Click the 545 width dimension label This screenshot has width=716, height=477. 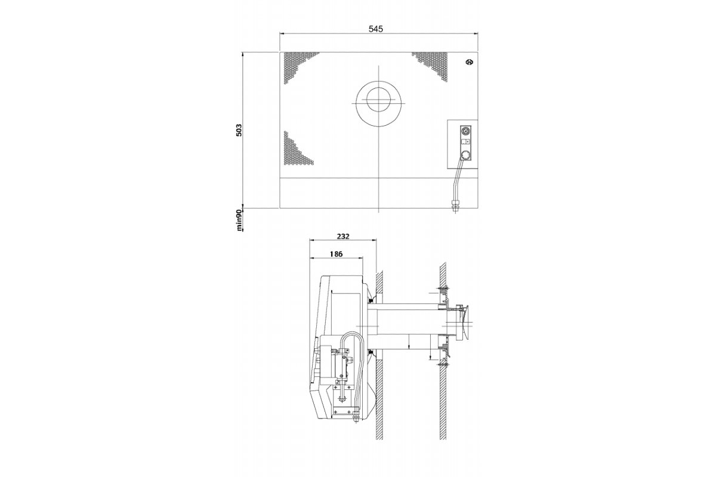(x=375, y=29)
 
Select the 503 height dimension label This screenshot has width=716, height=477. (x=239, y=130)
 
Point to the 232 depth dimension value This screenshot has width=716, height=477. (x=343, y=237)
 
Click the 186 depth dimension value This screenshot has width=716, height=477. (x=336, y=254)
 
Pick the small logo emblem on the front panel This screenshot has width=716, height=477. (x=470, y=62)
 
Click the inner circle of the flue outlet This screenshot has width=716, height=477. (x=379, y=100)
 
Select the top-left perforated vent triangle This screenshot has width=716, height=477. (x=297, y=66)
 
